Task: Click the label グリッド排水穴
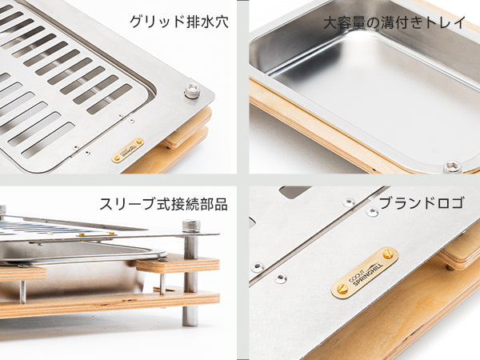point(179,22)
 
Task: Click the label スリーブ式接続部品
point(164,204)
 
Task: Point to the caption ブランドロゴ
point(422,203)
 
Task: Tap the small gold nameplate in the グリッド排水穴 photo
point(128,150)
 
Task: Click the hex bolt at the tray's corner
point(452,166)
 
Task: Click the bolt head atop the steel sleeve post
point(190,226)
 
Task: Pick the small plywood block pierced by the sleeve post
point(178,264)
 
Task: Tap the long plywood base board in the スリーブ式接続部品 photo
point(110,304)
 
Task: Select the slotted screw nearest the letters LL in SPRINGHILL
point(388,254)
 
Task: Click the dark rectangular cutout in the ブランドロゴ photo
point(294,191)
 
